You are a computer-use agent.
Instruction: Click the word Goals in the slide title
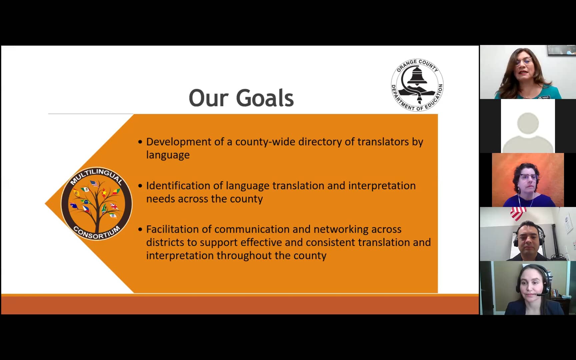[265, 98]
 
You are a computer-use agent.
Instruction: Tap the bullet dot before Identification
[140, 186]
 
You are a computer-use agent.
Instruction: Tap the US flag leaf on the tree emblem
[94, 183]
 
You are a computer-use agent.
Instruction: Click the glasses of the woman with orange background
[529, 177]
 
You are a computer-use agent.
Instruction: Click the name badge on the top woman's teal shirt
[545, 97]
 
